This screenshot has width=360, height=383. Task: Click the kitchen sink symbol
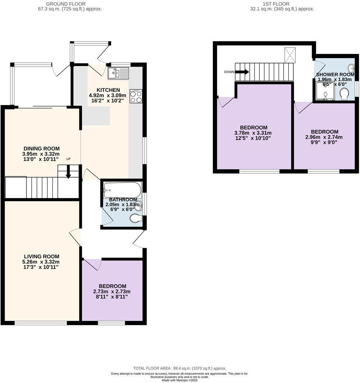pos(118,73)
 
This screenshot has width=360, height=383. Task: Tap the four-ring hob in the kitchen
pos(136,96)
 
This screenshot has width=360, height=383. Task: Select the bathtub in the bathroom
pos(122,190)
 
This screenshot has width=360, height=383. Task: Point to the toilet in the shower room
pos(344,94)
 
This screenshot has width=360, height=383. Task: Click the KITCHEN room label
pos(108,90)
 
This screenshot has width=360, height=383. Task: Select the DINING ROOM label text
pos(41,148)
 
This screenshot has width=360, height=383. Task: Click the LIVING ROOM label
pos(41,256)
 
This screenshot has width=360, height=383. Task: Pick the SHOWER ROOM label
pos(335,75)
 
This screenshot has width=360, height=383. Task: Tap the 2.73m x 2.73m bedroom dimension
pos(112,291)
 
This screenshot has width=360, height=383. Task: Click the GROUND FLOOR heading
pos(65,4)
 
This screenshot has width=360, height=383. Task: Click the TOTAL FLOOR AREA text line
pos(180,368)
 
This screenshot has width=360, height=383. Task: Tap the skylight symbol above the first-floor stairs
pos(290,55)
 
